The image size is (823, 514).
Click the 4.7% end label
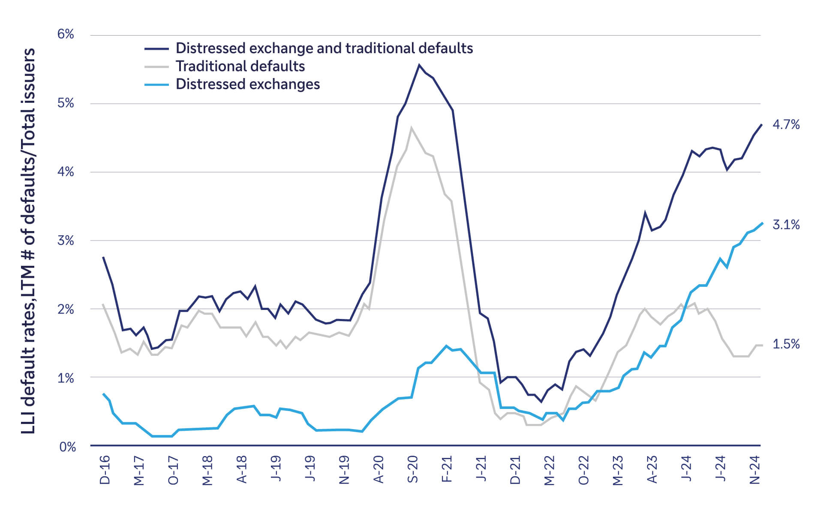pos(786,125)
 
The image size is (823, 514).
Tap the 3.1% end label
pos(786,225)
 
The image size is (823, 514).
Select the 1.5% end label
pos(786,344)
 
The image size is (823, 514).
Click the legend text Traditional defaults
pos(240,66)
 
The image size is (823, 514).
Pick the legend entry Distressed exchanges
pos(248,84)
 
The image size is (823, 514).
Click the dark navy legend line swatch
pos(156,48)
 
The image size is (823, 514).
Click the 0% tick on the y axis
pos(67,447)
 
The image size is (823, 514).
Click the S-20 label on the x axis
pos(412,470)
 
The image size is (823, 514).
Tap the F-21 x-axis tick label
pos(447,470)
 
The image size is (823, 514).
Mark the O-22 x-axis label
pos(583,470)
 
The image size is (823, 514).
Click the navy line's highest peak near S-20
pos(419,65)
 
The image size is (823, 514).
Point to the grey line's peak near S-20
pos(411,128)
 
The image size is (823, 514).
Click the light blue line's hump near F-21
pos(446,346)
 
